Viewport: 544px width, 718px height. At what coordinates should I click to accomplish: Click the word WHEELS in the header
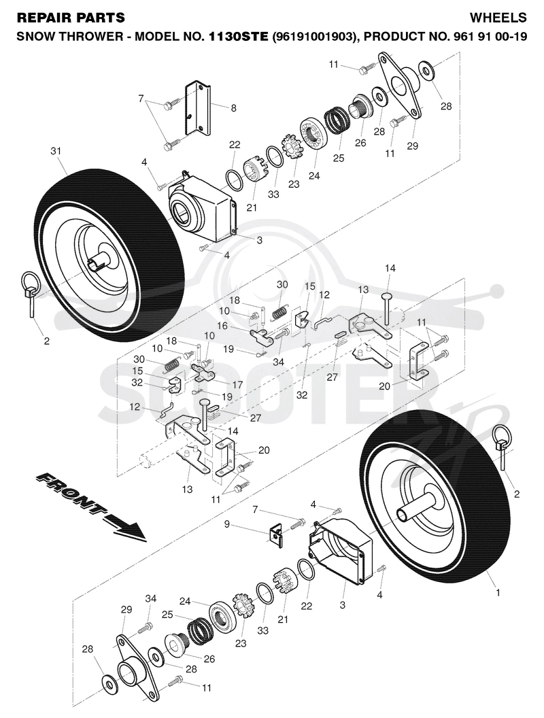coord(498,18)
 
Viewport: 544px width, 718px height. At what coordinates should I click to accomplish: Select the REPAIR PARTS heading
coord(71,18)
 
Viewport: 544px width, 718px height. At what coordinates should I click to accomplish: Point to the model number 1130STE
coord(239,36)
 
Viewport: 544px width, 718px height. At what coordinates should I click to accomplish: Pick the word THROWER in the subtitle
coord(96,36)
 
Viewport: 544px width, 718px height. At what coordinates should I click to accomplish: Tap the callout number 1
coord(498,592)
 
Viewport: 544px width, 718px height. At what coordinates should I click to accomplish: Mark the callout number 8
coord(233,108)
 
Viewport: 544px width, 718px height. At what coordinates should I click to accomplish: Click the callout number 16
coord(222,326)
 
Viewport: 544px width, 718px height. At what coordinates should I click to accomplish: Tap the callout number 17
coord(237,384)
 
